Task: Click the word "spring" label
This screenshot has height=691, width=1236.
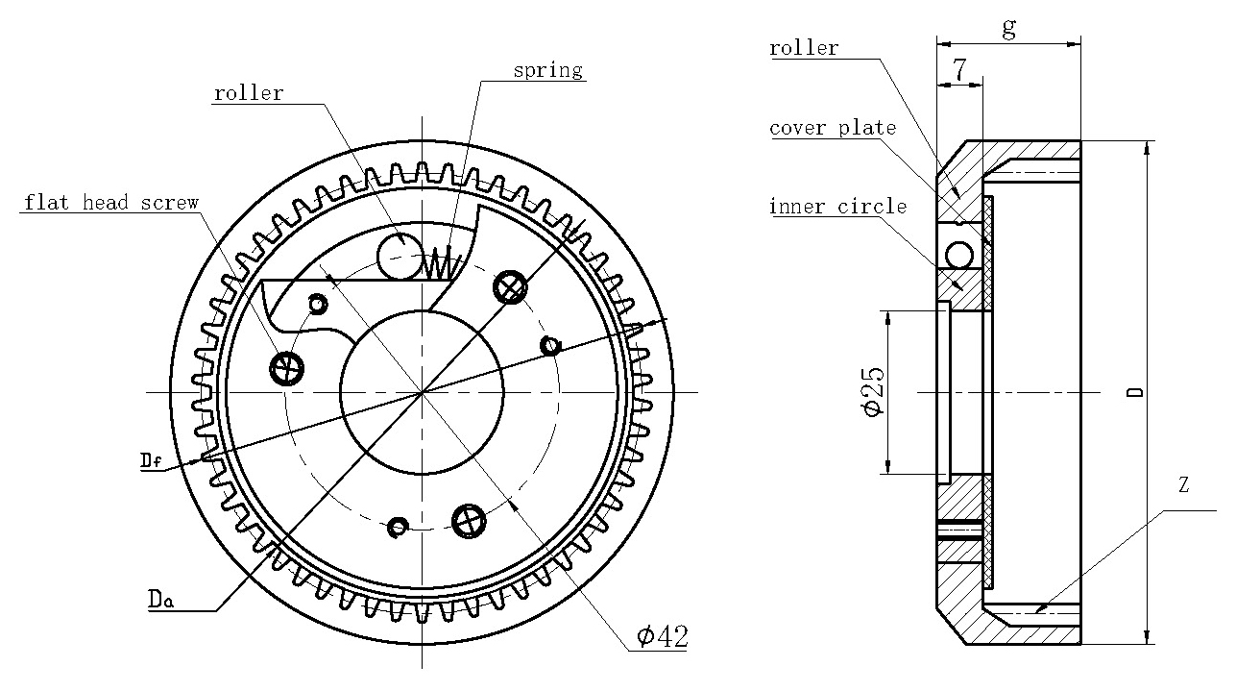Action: pos(547,70)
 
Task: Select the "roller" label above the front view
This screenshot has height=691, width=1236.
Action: pos(249,93)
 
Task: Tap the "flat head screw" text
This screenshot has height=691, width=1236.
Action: pos(111,203)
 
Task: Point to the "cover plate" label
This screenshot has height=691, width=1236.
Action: pos(833,128)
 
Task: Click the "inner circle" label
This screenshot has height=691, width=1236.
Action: pos(837,207)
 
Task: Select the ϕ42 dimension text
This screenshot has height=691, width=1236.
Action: pos(662,636)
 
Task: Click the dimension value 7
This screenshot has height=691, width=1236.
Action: pos(959,69)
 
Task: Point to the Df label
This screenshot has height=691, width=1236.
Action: pos(151,461)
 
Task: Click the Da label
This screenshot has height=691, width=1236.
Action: pos(160,600)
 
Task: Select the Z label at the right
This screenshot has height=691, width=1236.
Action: pos(1183,486)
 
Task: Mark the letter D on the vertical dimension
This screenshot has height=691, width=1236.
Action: pos(1134,392)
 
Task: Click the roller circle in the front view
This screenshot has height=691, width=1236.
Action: pos(397,255)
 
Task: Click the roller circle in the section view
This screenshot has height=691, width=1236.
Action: pos(958,255)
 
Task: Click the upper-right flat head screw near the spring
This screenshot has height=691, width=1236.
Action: pos(509,286)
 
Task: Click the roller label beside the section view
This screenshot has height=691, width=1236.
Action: pos(804,48)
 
